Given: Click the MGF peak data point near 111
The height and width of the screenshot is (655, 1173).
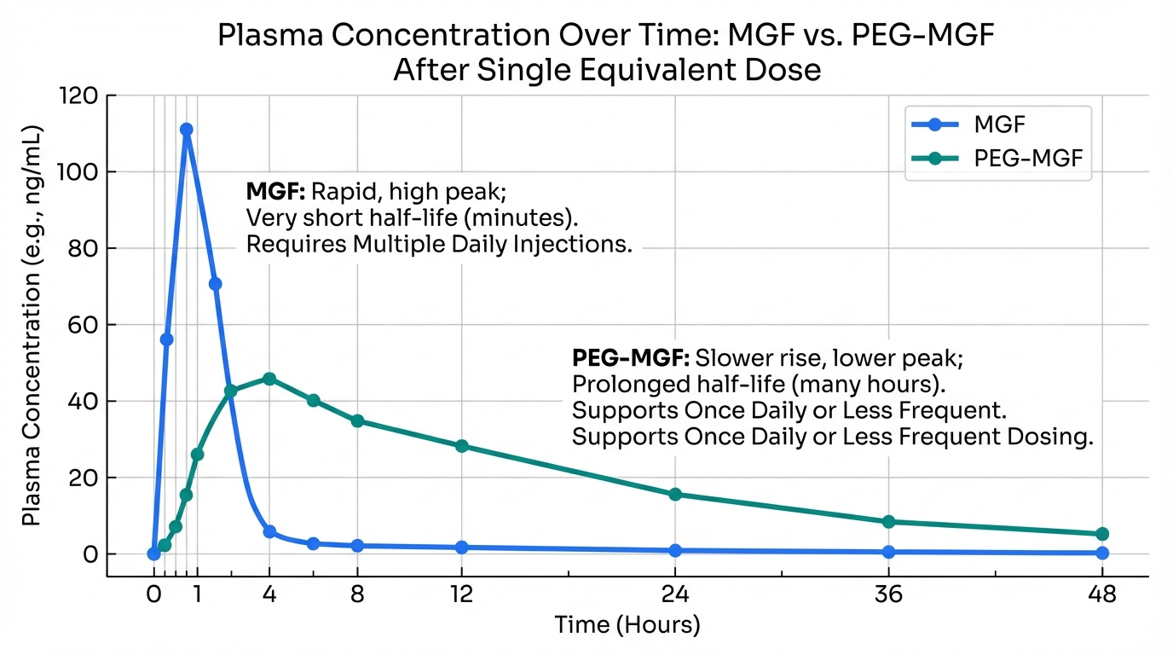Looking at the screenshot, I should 186,130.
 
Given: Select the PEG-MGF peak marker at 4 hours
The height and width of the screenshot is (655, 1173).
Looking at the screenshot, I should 269,379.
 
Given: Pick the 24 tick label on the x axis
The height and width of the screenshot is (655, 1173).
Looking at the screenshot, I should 675,595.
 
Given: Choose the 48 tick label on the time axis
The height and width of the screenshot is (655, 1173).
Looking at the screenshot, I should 1102,595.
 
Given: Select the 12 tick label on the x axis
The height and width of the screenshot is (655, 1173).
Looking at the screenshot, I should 462,595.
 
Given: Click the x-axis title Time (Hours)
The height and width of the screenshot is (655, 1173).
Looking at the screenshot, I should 627,625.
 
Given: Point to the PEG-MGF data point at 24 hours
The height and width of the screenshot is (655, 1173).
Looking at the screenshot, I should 675,494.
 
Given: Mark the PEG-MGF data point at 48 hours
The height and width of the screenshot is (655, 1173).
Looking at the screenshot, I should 1102,534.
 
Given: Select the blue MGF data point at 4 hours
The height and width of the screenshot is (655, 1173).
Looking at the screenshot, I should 269,531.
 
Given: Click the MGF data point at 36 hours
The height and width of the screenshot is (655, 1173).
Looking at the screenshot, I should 889,552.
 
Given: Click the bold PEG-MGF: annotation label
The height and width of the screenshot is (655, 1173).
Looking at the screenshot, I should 631,356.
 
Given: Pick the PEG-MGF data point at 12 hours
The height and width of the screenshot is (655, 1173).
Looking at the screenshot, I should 462,446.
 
